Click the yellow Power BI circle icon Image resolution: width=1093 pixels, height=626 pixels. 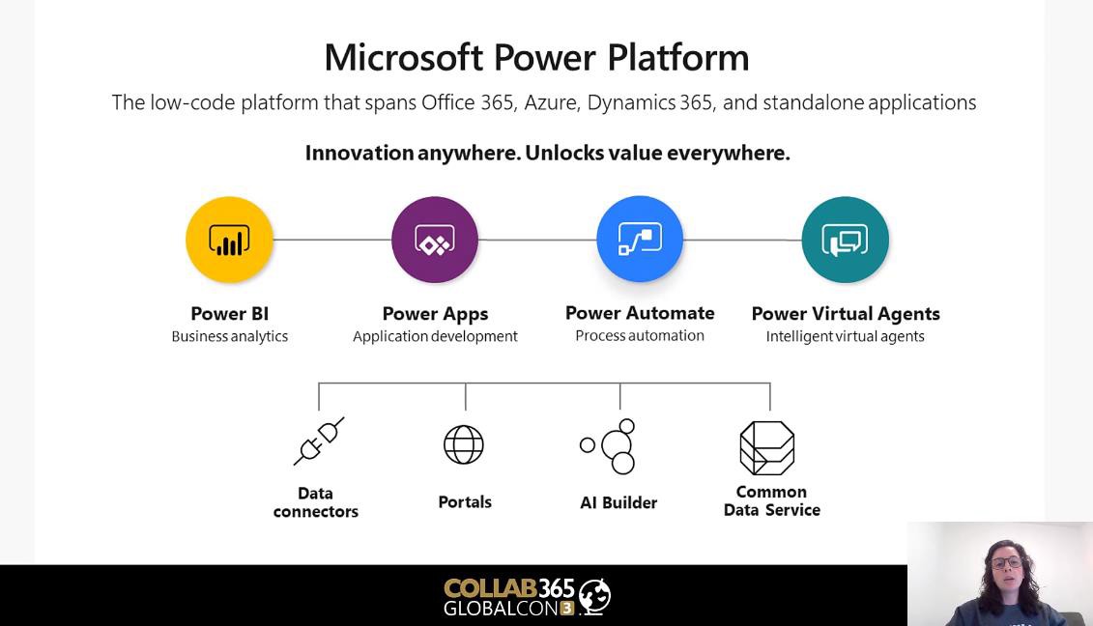pos(229,240)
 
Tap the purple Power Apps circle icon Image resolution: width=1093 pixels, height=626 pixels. pos(435,240)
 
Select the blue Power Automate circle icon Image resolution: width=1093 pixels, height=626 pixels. pos(640,240)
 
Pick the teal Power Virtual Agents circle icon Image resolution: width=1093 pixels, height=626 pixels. pos(846,240)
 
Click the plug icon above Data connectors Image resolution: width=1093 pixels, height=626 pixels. pos(319,441)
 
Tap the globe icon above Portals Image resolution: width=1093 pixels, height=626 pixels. pos(464,444)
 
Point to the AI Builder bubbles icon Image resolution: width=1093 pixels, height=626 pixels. pos(609,446)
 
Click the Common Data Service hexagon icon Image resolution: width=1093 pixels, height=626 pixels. pos(766,447)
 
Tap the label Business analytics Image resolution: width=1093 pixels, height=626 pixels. pos(229,336)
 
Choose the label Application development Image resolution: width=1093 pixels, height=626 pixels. pos(435,336)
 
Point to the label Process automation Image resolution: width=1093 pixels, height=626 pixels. pos(640,335)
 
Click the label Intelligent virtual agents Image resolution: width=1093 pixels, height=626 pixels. pos(846,336)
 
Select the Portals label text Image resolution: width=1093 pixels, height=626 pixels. pos(465,502)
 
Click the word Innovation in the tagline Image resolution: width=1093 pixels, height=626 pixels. pos(360,153)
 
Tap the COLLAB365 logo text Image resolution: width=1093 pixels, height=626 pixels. pos(509,588)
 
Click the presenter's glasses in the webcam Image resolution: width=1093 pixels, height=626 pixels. pos(1006,562)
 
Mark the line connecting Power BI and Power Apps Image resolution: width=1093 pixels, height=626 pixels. pos(331,240)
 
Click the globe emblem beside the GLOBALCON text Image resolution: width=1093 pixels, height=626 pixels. pos(594,596)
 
